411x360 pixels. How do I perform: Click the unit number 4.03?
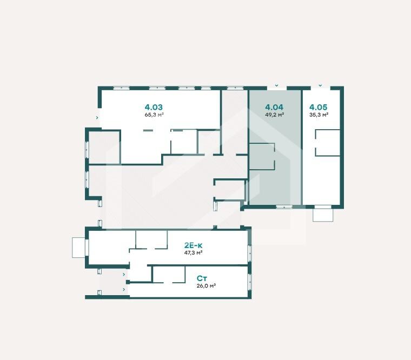click(x=154, y=107)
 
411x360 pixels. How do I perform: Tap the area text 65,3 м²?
click(x=154, y=115)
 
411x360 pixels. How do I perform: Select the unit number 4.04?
click(x=274, y=107)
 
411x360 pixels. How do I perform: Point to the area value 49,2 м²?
click(x=275, y=115)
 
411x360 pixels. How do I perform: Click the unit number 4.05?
click(x=318, y=107)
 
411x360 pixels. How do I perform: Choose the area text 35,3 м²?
click(x=319, y=115)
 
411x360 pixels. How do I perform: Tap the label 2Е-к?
click(x=194, y=245)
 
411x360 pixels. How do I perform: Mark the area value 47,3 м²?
click(x=194, y=253)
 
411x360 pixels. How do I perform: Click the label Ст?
click(x=201, y=278)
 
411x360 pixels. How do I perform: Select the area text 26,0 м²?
click(x=206, y=286)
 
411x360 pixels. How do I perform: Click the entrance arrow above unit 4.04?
click(x=276, y=85)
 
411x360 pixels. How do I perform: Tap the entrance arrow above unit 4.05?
click(x=320, y=85)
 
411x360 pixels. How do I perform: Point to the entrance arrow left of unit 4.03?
click(x=97, y=118)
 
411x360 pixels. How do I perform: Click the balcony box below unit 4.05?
click(x=323, y=215)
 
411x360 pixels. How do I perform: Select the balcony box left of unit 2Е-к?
click(x=78, y=248)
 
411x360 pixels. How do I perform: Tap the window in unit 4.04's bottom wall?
click(x=284, y=206)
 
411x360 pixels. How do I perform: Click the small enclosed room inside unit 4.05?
click(x=328, y=143)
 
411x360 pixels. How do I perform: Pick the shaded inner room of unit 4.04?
click(x=262, y=156)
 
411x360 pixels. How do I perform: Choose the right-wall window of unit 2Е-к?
click(x=249, y=254)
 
